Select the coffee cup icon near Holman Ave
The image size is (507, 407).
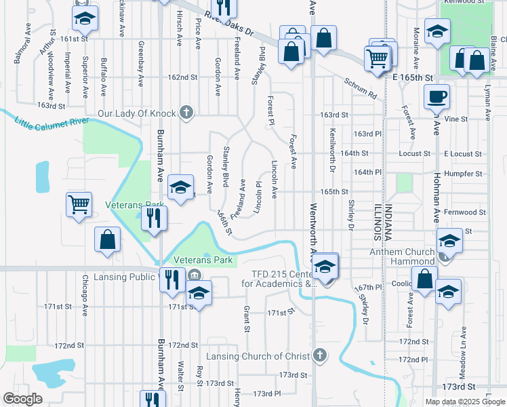[x=437, y=97]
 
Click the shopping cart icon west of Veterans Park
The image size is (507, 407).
[x=79, y=204]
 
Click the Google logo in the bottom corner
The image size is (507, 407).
[x=22, y=399]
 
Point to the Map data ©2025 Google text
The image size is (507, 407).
[x=465, y=402]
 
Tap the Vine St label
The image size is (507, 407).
[x=456, y=119]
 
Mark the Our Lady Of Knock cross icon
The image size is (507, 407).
[x=186, y=113]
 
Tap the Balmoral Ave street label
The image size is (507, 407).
[x=19, y=51]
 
